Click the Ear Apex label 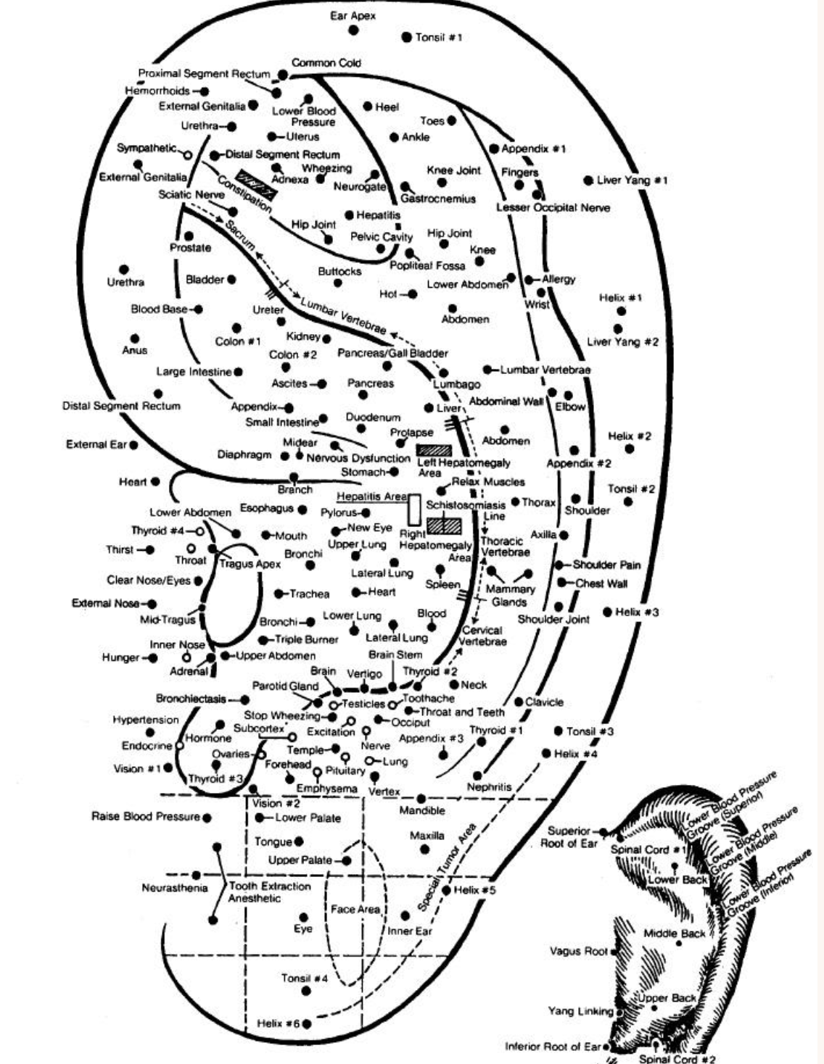(x=353, y=15)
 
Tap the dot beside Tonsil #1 (x=407, y=37)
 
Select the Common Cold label (x=326, y=63)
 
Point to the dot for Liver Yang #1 (x=588, y=180)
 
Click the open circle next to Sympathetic (x=188, y=154)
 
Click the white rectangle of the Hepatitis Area (x=414, y=509)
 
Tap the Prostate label (x=191, y=248)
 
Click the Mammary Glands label (x=510, y=595)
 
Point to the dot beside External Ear (x=133, y=444)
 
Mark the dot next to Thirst (x=150, y=550)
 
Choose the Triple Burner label (x=307, y=639)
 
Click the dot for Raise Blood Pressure (x=207, y=818)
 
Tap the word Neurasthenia (x=175, y=888)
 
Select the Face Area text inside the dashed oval (x=355, y=909)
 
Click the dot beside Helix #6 (x=307, y=1024)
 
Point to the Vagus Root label (x=578, y=951)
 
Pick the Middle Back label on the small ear (x=675, y=933)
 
